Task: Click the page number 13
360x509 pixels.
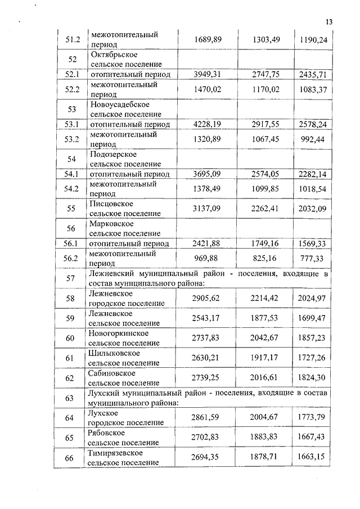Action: click(329, 22)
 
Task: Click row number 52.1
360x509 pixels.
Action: click(72, 75)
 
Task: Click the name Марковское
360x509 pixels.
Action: click(111, 223)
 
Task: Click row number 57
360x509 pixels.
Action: click(70, 278)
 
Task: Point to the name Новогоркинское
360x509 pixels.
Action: click(119, 334)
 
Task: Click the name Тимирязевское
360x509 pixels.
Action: click(116, 453)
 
